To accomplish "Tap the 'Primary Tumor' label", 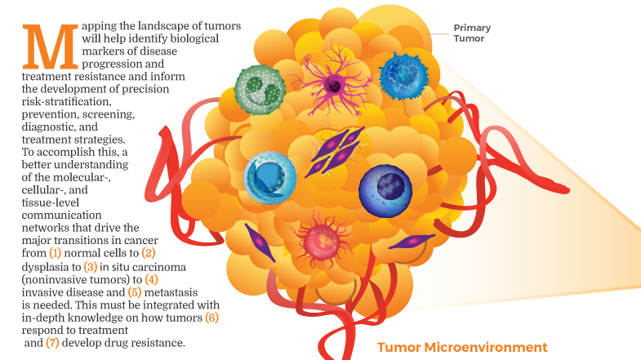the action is tap(472, 33).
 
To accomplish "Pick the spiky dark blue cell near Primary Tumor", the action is tap(404, 76).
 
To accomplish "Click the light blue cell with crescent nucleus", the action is tap(269, 173).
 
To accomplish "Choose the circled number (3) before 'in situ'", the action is tap(91, 266).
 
